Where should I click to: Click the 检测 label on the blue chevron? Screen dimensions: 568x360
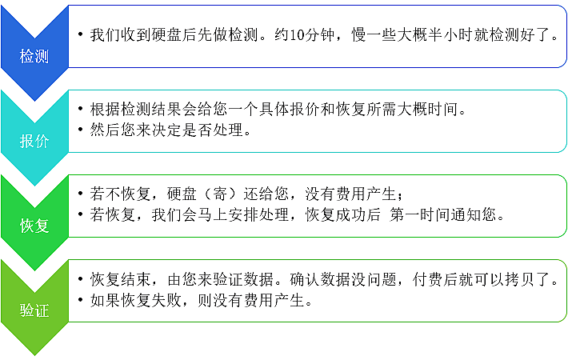[x=34, y=57]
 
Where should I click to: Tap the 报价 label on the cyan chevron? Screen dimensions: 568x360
[x=34, y=141]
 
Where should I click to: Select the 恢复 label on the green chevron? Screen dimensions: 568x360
[x=34, y=226]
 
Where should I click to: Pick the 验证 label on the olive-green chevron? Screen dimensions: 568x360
[x=34, y=310]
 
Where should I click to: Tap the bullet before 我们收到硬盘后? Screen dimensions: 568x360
[x=81, y=34]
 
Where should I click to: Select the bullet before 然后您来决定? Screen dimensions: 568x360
[x=81, y=130]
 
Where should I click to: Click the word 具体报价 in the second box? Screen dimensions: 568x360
[x=290, y=109]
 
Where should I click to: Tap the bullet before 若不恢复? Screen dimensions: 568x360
[x=81, y=193]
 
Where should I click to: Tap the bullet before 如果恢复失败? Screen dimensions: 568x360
[x=81, y=299]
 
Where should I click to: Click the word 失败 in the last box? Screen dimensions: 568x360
[x=166, y=300]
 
